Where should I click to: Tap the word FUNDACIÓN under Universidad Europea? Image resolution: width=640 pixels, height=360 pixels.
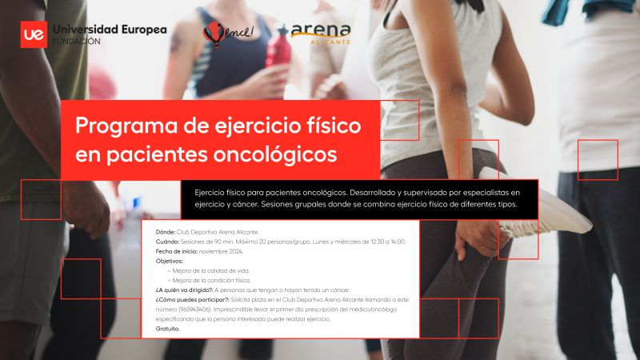pos(76,42)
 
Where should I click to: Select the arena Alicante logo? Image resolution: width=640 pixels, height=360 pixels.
pos(320,34)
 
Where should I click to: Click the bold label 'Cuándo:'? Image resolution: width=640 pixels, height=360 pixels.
pos(167,241)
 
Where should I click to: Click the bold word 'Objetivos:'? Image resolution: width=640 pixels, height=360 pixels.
pos(169,261)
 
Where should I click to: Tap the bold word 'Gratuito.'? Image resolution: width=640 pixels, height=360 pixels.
pos(168,328)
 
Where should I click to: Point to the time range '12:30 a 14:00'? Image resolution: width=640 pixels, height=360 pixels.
pos(387,241)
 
